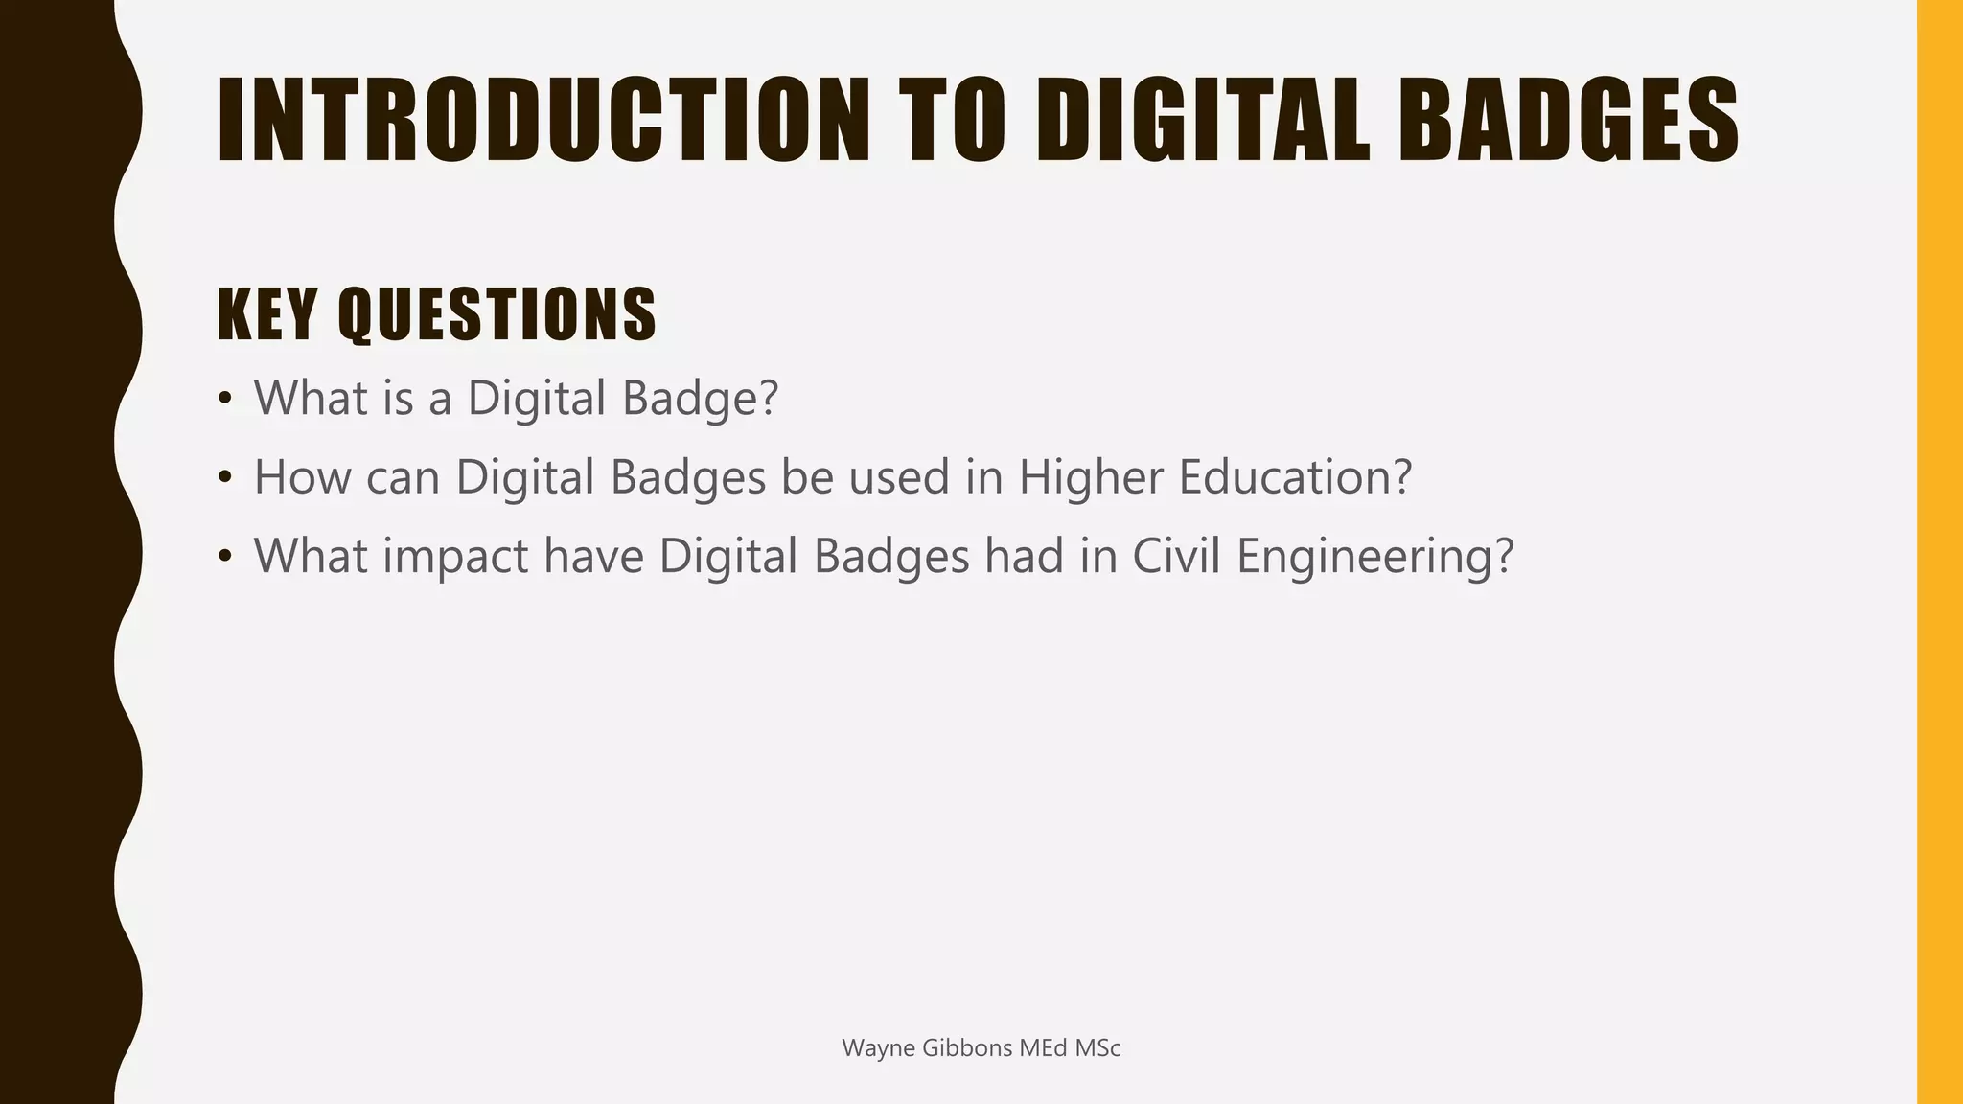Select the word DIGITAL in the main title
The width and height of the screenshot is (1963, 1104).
[x=1204, y=121]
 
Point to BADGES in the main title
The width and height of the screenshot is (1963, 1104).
[x=1568, y=121]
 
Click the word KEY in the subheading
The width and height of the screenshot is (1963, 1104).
[x=267, y=314]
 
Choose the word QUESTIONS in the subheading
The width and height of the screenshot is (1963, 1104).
[x=497, y=314]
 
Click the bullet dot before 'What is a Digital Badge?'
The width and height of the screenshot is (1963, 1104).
[x=225, y=398]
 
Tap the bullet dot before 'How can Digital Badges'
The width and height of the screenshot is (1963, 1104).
[x=225, y=476]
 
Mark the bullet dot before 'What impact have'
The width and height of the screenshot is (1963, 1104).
[x=225, y=556]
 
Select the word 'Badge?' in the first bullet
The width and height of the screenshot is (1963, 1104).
[x=700, y=398]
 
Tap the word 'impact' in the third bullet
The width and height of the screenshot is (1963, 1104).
[x=455, y=558]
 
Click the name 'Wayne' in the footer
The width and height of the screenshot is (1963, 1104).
[x=877, y=1048]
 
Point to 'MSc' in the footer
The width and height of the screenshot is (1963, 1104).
[x=1097, y=1048]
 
